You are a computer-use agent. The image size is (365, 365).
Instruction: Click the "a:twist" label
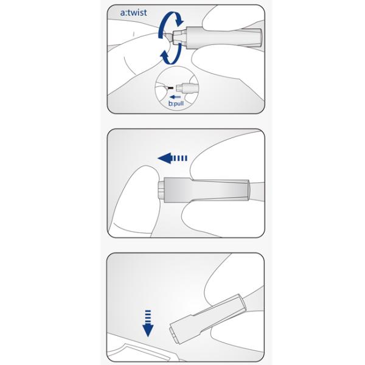click(133, 13)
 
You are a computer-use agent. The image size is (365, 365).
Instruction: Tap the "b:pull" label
click(176, 103)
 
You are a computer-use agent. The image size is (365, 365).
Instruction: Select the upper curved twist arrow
click(170, 23)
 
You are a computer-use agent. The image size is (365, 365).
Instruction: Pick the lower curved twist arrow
click(171, 54)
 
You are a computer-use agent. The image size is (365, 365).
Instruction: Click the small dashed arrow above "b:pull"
click(175, 97)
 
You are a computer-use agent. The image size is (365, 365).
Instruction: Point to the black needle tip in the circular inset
click(170, 88)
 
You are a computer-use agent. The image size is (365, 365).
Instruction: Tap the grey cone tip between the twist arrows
click(168, 36)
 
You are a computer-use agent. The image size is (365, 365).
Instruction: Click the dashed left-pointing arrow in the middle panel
click(172, 158)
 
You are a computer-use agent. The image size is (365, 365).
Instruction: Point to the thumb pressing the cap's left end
click(135, 200)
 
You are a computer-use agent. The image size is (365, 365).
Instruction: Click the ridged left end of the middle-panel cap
click(161, 190)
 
